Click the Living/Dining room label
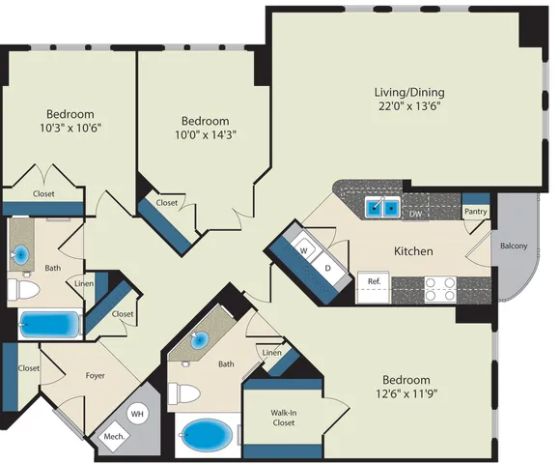point(409,92)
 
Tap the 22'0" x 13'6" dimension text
point(409,106)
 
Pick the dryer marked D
point(328,267)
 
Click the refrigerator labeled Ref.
point(374,287)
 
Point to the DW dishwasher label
point(415,215)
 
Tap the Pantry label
point(475,212)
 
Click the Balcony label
point(514,246)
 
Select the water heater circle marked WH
point(137,414)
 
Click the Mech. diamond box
point(114,437)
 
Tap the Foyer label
point(95,375)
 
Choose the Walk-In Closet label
point(284,418)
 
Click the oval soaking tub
point(207,435)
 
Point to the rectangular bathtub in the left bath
point(49,324)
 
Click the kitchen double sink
point(382,207)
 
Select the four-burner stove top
point(440,289)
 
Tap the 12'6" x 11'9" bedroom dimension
point(406,394)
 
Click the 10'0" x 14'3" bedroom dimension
point(206,134)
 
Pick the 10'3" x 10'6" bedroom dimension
point(70,128)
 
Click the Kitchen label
point(413,251)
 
